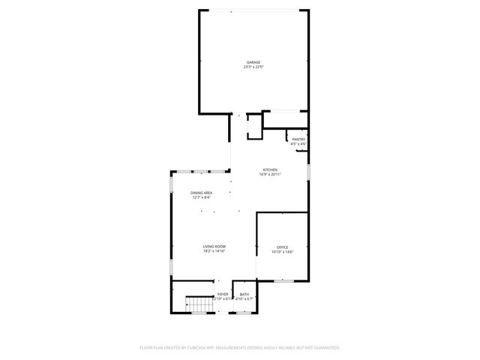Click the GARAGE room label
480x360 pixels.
253,62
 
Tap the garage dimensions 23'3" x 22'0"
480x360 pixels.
253,67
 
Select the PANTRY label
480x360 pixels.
298,139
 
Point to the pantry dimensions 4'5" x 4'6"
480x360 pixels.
298,143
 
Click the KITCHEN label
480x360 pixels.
270,169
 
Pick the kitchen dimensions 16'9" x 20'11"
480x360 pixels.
270,175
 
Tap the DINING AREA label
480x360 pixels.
201,193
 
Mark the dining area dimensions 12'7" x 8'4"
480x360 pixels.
201,198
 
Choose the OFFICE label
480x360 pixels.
282,247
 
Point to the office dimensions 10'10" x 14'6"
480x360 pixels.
282,252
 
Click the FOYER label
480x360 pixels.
223,294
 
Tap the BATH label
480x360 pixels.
244,294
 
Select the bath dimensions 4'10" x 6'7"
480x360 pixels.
244,299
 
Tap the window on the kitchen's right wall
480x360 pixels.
308,173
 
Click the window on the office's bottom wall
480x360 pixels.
283,280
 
